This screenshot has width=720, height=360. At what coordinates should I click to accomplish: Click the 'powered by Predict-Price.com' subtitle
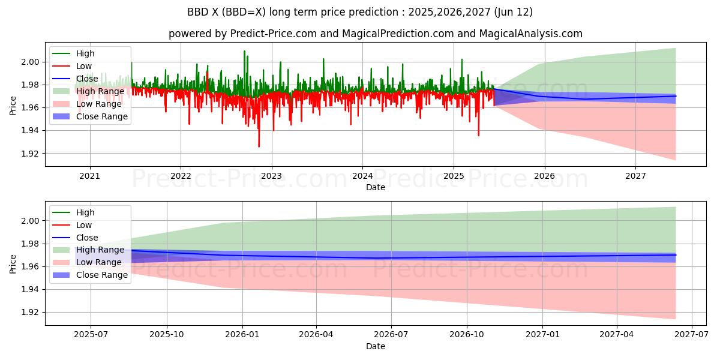point(376,34)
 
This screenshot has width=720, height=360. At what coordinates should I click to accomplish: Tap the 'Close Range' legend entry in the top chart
point(102,116)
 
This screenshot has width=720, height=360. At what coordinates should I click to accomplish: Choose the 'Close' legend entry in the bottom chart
point(87,238)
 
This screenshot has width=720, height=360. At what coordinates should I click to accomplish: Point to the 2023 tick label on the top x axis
point(271,176)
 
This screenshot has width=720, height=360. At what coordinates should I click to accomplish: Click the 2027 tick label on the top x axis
point(635,176)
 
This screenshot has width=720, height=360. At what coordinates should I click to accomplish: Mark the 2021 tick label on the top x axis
point(90,176)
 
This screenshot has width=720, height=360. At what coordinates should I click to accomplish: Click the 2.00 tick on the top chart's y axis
point(31,62)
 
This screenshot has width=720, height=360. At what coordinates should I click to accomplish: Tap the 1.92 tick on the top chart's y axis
point(31,154)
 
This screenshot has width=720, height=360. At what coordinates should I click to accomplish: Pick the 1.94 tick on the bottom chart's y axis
point(31,290)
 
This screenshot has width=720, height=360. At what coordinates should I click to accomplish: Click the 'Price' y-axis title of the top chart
point(13,104)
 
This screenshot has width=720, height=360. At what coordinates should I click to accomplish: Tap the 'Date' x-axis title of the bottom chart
point(376,347)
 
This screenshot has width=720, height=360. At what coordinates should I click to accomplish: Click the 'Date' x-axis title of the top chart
point(376,187)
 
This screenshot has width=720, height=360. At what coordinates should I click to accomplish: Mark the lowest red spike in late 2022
point(259,146)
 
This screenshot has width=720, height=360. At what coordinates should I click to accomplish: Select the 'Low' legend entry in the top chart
point(84,66)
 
